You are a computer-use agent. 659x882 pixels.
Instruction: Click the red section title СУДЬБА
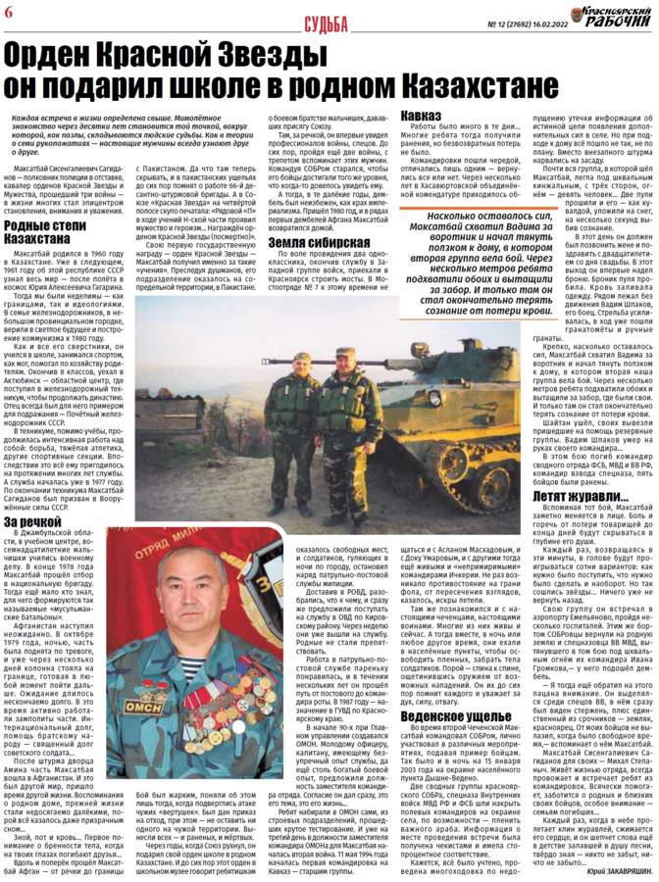tap(327, 21)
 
